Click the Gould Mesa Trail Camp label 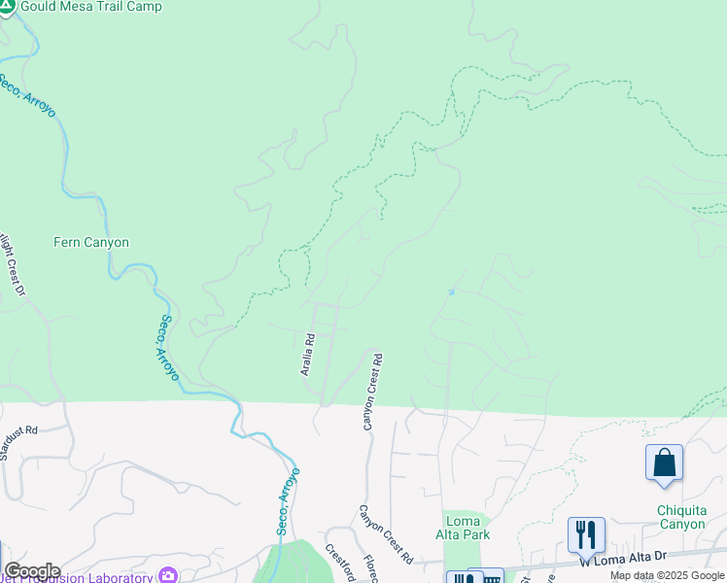tap(91, 7)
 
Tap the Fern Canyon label tap(91, 242)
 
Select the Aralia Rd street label tap(306, 355)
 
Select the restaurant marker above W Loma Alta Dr tap(586, 533)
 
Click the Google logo tap(31, 571)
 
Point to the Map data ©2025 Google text tap(667, 575)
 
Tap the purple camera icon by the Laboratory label tap(169, 576)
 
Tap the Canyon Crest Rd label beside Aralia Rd tap(372, 392)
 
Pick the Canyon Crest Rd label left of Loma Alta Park tap(386, 534)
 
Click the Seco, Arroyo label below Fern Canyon tap(167, 347)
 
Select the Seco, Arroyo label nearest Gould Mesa tap(27, 94)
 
